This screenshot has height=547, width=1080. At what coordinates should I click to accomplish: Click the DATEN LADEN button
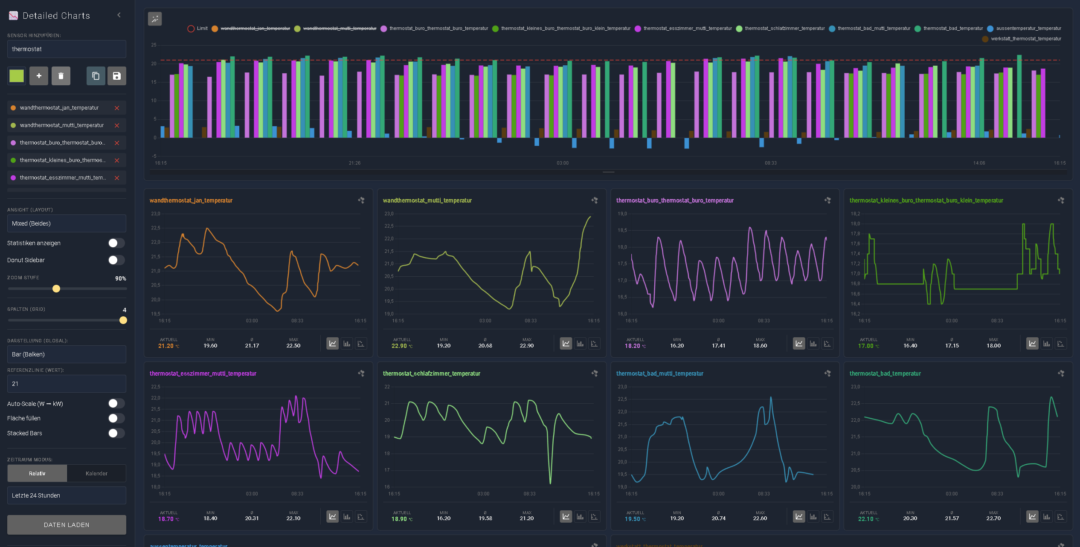click(x=67, y=524)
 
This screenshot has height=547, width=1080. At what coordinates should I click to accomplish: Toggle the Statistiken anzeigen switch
click(x=116, y=243)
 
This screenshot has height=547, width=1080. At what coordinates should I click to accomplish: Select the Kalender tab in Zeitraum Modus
click(x=96, y=473)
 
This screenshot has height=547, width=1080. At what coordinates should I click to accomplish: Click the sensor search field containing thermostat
click(x=67, y=49)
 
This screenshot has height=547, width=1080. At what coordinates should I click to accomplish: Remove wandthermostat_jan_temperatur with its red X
click(x=117, y=108)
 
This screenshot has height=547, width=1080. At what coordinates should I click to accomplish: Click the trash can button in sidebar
click(x=61, y=76)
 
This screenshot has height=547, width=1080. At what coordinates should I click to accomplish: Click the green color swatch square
click(x=17, y=76)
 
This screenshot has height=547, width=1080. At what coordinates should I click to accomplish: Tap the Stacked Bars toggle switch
click(x=116, y=433)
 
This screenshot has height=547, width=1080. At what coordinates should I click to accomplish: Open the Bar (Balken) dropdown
click(x=67, y=354)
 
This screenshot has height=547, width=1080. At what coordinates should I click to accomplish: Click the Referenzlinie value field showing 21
click(x=67, y=384)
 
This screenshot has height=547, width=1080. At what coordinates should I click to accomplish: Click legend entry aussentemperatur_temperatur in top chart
click(x=1028, y=29)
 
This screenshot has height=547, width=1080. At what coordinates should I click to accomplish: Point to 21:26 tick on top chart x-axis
click(x=354, y=163)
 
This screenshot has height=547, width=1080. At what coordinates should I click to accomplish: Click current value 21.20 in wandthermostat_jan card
click(x=166, y=346)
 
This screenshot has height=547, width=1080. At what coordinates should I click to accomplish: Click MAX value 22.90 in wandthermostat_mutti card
click(x=526, y=346)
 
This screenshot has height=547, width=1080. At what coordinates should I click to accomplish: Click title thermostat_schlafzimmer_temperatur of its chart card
click(x=431, y=373)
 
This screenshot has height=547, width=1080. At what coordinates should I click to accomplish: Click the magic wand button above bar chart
click(x=155, y=19)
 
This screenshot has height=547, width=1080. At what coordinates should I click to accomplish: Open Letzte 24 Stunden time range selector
click(x=67, y=495)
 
